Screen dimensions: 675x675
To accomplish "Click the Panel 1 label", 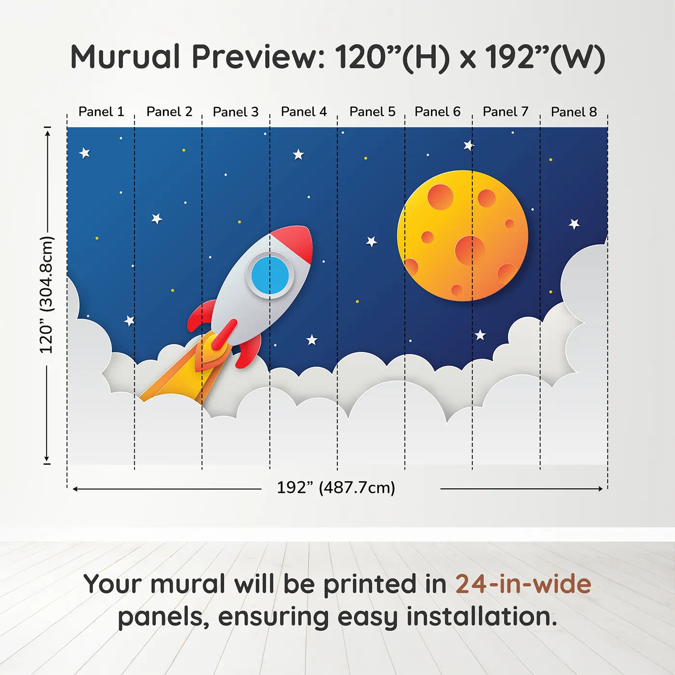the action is click(x=101, y=112).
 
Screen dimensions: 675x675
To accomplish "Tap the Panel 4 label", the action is click(x=304, y=112).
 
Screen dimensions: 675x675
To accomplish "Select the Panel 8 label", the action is click(x=574, y=112).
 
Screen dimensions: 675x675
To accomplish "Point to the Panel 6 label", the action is click(x=437, y=112).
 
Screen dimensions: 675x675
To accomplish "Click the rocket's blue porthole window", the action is click(x=270, y=274).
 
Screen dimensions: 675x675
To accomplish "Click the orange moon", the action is click(x=463, y=236).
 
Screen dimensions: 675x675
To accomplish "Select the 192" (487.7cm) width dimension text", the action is click(x=336, y=487).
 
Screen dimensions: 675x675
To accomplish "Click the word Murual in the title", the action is click(x=125, y=57).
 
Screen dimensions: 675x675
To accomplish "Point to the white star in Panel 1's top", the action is click(x=84, y=153).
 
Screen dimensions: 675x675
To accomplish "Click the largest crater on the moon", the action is click(x=470, y=251).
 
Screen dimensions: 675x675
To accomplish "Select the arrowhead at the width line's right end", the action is click(x=600, y=488).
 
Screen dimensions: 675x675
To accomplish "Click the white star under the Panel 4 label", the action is click(x=298, y=154).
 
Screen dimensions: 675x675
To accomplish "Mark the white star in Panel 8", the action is click(x=574, y=224).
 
